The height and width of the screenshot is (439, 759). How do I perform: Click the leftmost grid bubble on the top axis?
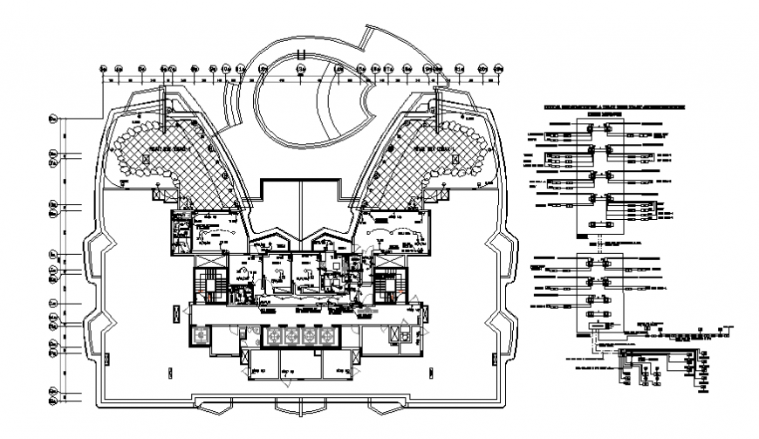tap(105, 69)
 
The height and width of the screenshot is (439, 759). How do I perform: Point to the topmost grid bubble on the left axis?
tap(54, 118)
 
